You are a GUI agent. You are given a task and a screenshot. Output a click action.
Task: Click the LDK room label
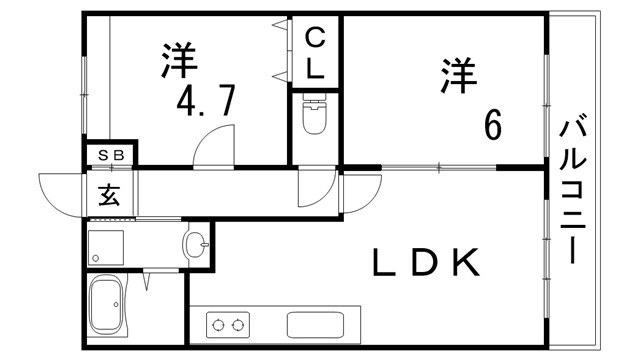426,262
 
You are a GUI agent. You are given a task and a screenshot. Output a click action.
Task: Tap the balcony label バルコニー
573,190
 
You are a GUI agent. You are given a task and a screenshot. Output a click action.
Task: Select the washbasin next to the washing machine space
198,242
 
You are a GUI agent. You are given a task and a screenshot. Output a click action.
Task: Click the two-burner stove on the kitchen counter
227,324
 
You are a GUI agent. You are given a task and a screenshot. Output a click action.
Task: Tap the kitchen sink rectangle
315,325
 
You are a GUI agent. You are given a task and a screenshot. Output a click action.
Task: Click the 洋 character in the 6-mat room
456,76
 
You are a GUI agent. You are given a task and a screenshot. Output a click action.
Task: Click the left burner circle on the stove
218,324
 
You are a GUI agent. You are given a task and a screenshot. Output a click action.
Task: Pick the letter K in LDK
468,262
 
